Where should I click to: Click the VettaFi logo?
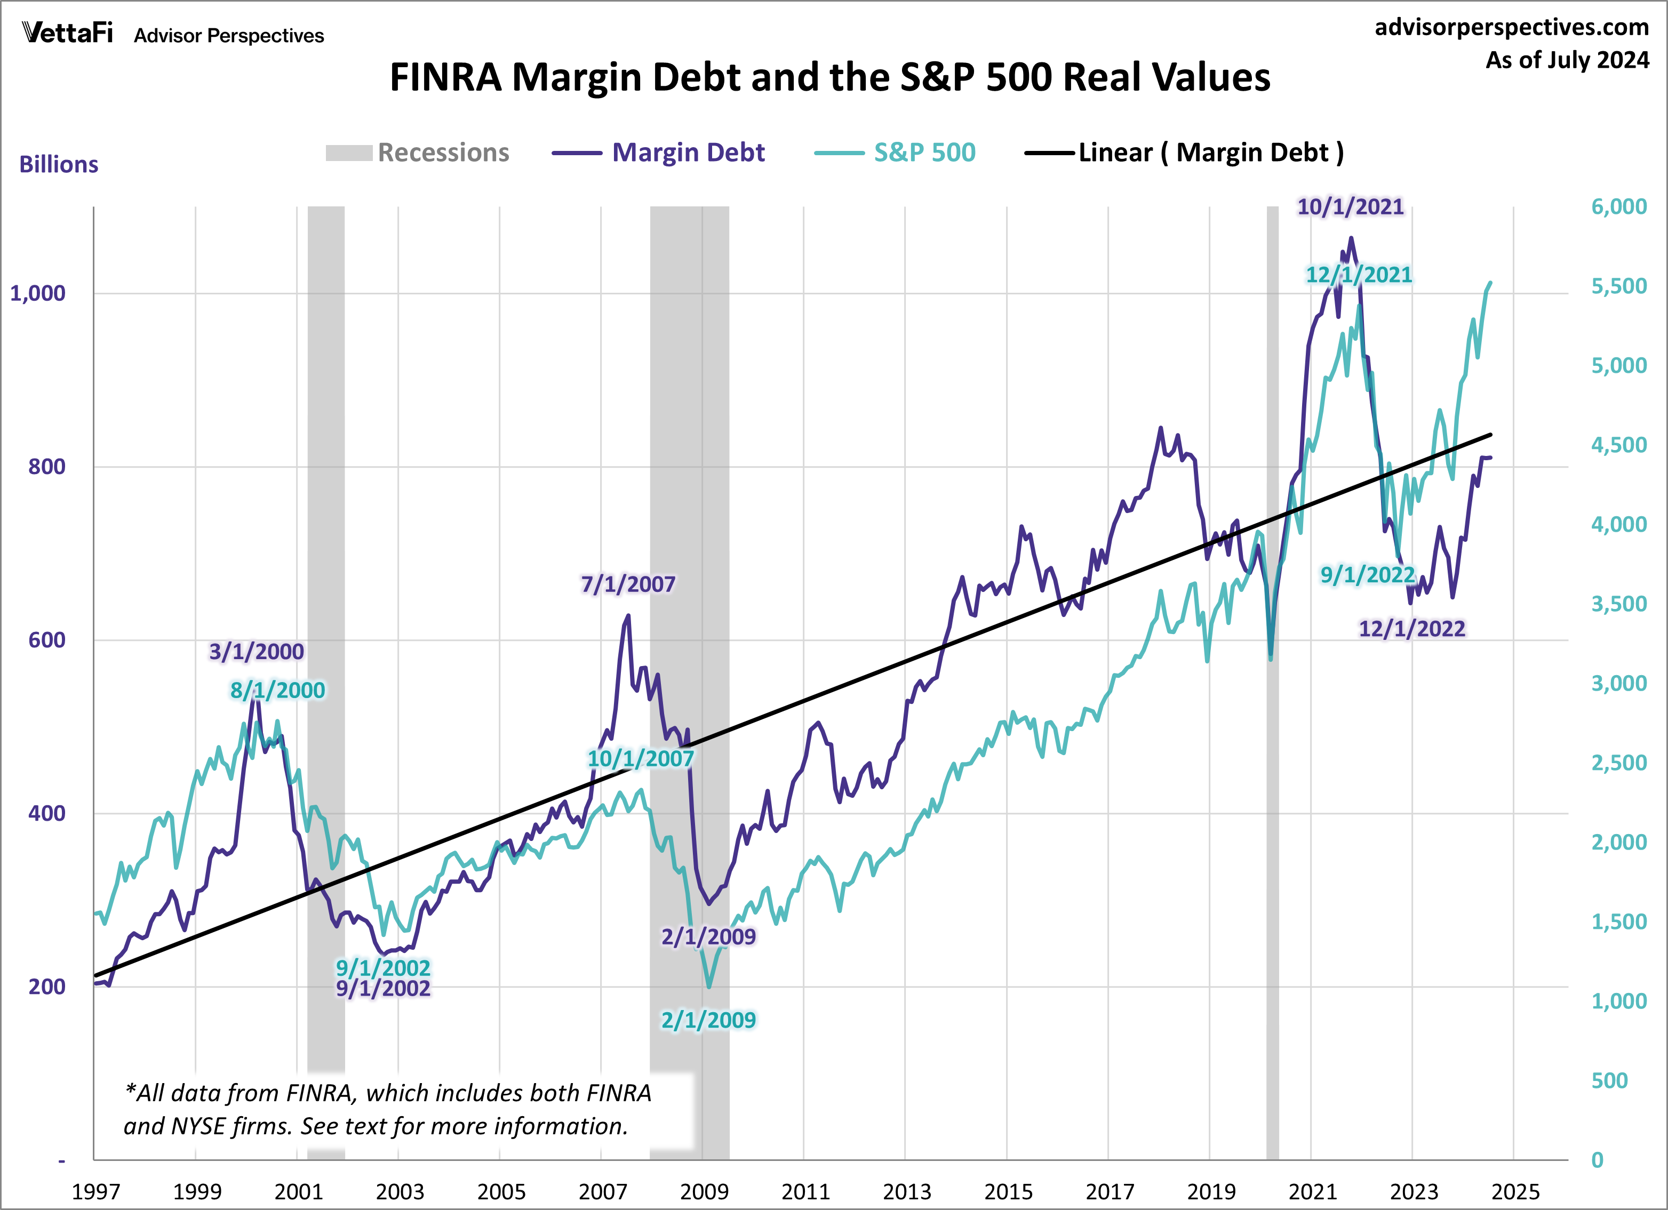pos(68,33)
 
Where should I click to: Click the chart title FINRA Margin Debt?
pos(829,77)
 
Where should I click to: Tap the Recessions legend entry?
pos(418,153)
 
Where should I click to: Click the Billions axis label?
pos(58,165)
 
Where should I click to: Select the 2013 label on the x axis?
pos(906,1191)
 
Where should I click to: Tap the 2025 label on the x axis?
pos(1514,1191)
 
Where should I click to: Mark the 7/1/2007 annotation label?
pos(627,584)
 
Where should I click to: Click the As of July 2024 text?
pos(1567,60)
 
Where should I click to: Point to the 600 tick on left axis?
pos(46,640)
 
